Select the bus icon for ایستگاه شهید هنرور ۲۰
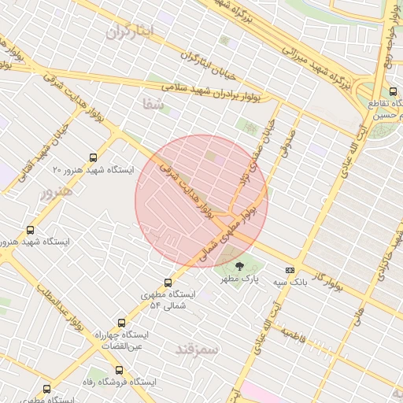click(94, 157)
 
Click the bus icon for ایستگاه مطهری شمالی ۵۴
click(168, 283)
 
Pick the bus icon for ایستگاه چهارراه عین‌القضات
click(121, 323)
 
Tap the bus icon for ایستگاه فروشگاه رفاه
click(119, 370)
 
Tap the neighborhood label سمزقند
click(194, 347)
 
